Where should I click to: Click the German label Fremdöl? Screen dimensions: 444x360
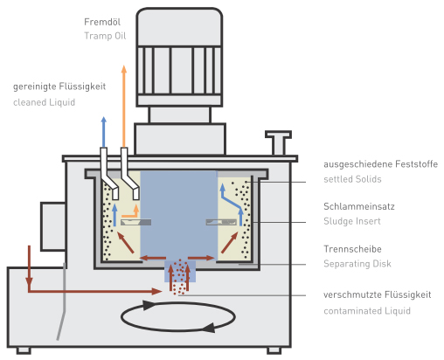pos(102,22)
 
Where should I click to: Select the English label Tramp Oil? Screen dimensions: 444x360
pos(105,36)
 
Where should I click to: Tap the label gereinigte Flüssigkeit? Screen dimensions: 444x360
pos(59,87)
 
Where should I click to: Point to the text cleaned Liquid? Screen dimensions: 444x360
pos(44,102)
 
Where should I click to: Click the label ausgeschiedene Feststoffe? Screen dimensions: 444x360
pos(380,164)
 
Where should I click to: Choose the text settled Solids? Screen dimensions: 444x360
pos(352,179)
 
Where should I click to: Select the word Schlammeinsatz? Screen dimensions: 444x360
pos(359,206)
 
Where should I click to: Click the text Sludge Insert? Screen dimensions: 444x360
pos(352,221)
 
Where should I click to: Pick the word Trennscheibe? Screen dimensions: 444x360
pos(352,249)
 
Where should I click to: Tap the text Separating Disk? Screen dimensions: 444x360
pos(357,264)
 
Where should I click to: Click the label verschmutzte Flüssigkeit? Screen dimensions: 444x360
pos(378,294)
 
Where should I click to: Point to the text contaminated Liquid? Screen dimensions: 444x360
pos(367,311)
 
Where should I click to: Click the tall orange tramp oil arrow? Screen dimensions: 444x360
pos(124,107)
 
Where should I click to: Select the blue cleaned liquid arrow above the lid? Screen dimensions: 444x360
pos(104,132)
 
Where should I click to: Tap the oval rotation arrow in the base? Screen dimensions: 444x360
pos(178,316)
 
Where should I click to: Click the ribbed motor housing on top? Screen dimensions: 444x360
pos(179,58)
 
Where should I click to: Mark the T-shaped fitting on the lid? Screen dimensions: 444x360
pos(278,142)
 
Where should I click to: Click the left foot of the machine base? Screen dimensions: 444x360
pos(24,350)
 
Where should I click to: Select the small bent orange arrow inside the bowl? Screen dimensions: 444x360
pos(131,211)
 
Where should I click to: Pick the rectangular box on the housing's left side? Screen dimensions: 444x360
pos(52,226)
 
